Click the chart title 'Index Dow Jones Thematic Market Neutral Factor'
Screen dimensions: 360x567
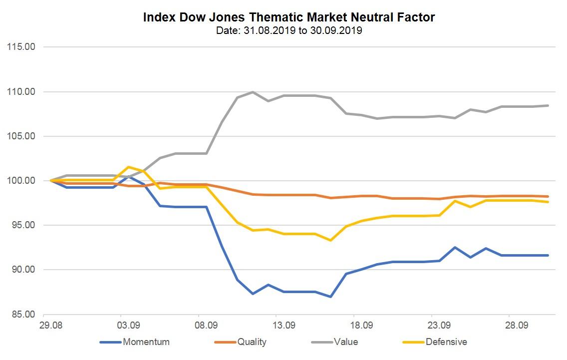click(x=289, y=17)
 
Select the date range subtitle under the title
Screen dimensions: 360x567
click(x=289, y=31)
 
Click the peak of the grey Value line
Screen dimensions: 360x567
click(x=253, y=92)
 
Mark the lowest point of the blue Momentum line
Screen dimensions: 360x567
click(x=330, y=297)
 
